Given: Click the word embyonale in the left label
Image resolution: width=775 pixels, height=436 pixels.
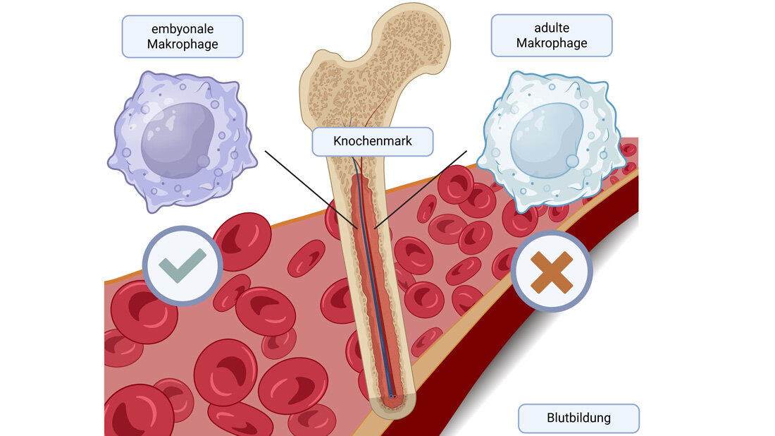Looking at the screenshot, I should tap(182, 29).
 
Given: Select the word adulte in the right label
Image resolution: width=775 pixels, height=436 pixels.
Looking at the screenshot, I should tap(552, 28).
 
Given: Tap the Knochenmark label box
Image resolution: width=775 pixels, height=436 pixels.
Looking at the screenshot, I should tap(372, 141).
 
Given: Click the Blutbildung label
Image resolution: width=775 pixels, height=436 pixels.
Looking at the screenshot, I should tap(578, 418).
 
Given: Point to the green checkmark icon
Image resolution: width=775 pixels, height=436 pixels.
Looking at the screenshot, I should tap(182, 265).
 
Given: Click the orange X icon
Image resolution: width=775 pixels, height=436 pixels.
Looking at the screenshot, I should tap(552, 272).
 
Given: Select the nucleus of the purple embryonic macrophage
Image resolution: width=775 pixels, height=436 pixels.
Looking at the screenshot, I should tap(178, 139).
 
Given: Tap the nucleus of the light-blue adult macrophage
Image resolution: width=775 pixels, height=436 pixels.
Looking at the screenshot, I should tap(547, 140).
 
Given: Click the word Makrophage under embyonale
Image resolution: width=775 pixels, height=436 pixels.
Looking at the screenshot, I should tap(182, 44).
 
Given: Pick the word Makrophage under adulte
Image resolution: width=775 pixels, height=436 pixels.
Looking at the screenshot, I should tap(552, 43).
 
